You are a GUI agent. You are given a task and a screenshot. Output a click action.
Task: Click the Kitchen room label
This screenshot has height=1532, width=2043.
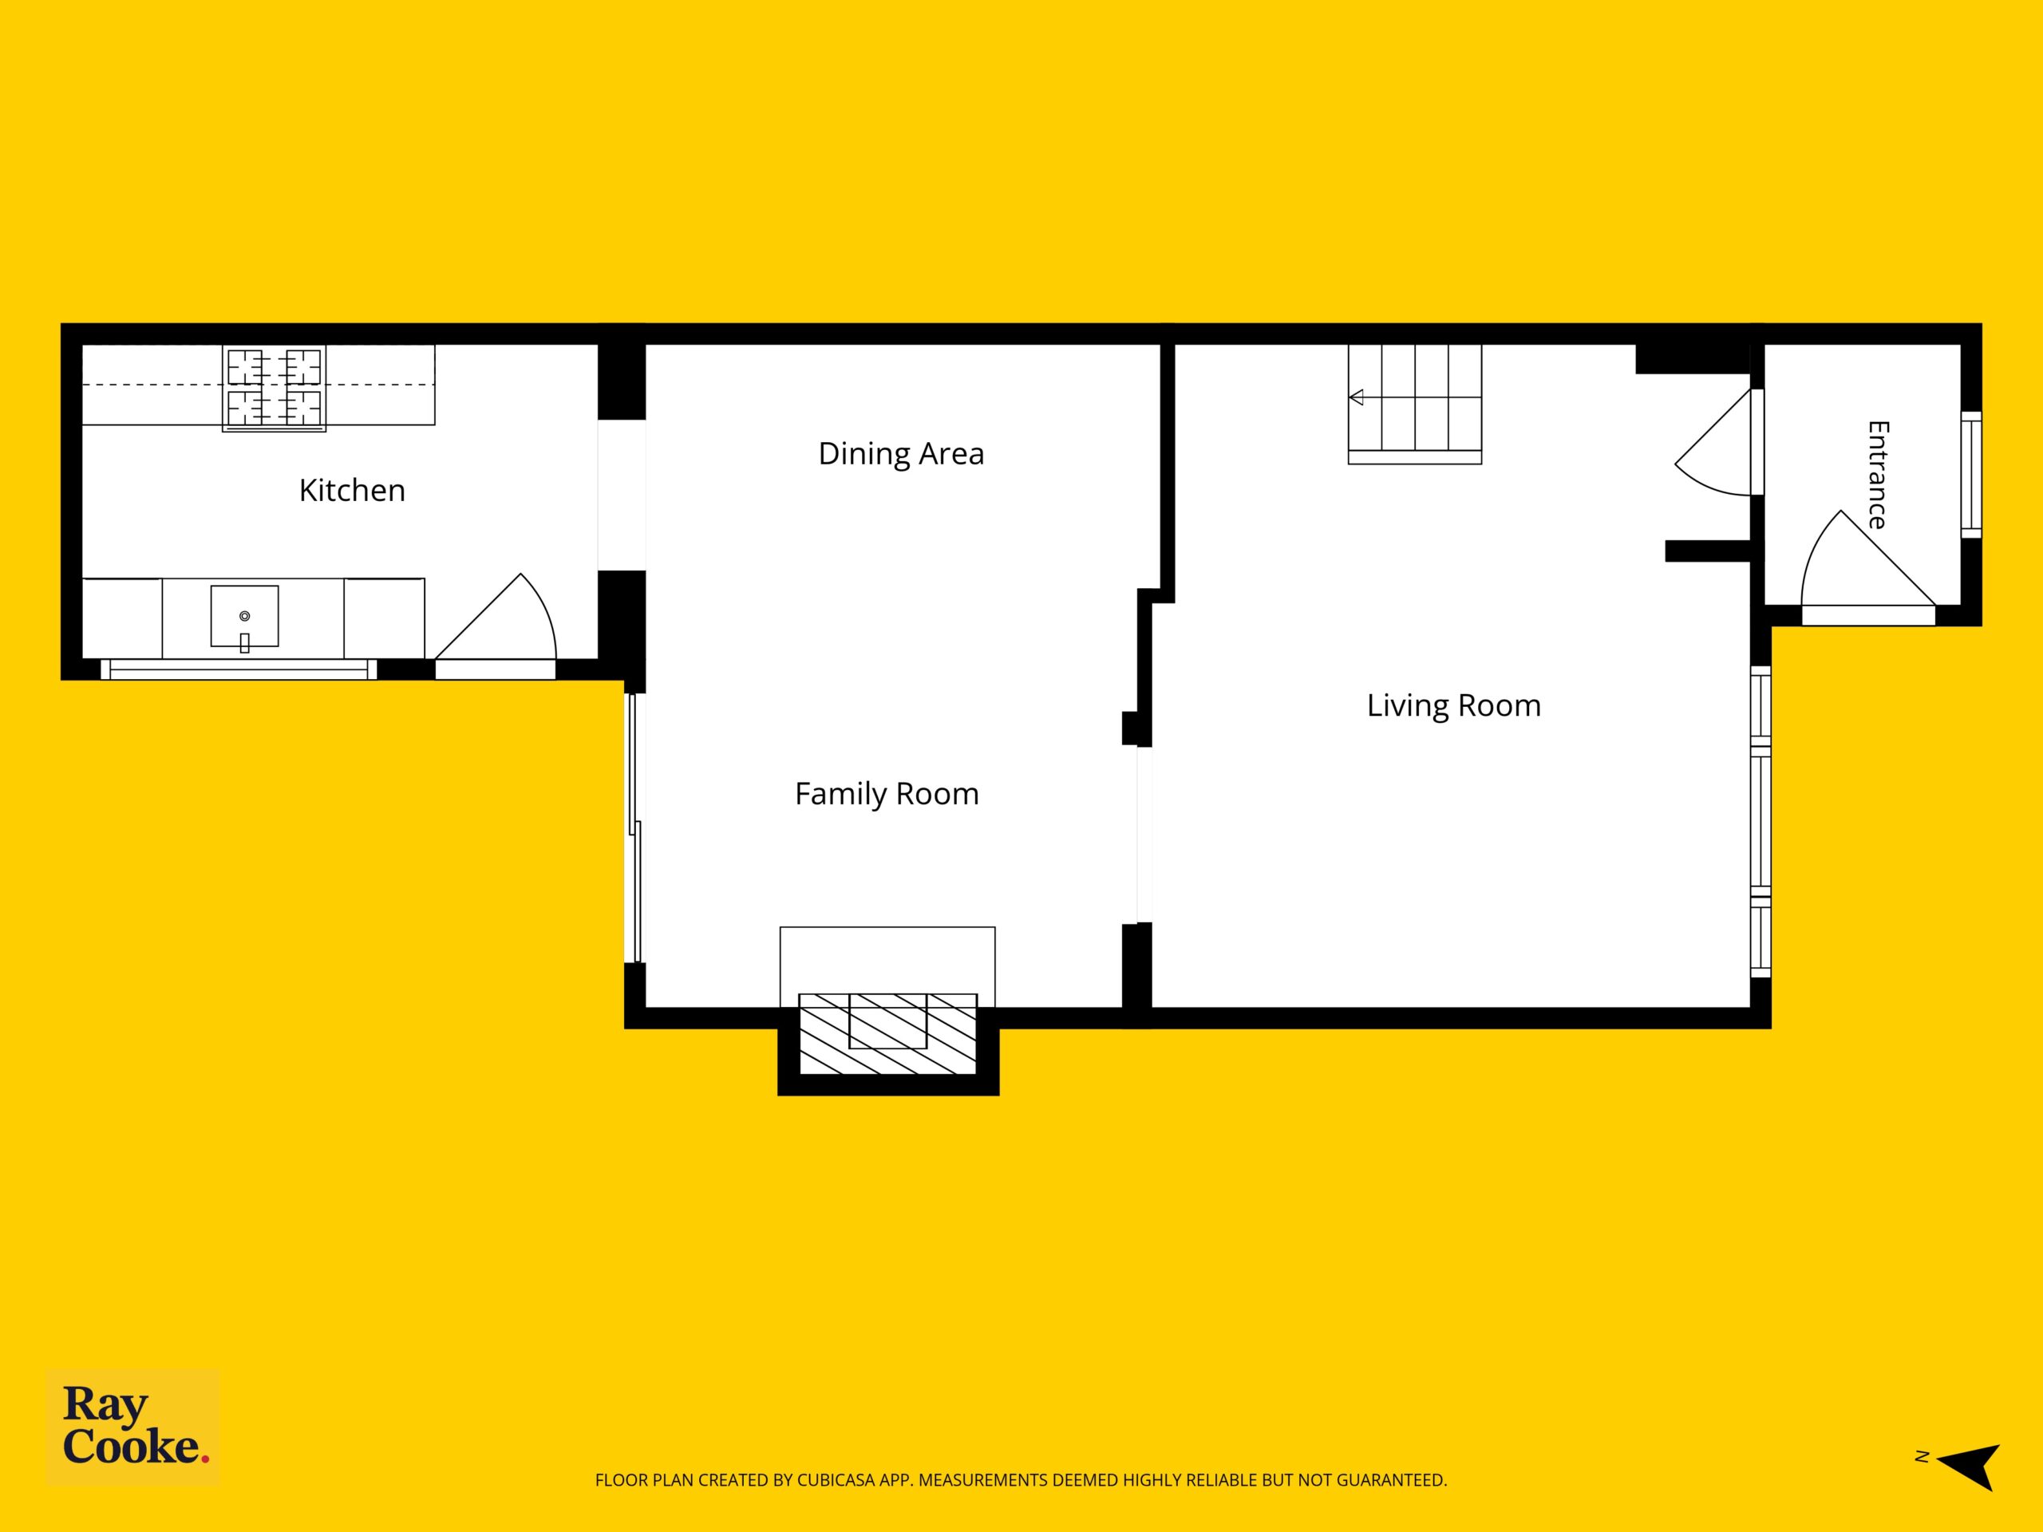pos(352,491)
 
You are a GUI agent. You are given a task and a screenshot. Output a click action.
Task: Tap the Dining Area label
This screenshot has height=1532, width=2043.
pos(902,453)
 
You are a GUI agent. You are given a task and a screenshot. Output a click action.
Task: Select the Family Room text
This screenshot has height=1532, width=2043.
pos(887,794)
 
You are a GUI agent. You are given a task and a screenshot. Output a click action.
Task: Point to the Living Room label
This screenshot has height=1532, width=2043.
pos(1454,705)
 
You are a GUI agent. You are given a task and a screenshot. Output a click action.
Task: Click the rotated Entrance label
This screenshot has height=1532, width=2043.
pos(1879,475)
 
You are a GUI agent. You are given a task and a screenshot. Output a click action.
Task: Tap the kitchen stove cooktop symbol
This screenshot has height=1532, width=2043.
pos(275,388)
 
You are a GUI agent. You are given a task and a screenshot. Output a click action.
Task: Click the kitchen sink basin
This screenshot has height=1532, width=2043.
pos(245,616)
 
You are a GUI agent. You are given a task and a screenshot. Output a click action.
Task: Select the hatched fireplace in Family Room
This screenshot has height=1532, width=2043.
pos(887,1033)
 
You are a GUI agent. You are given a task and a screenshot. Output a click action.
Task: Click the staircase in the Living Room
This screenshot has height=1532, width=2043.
pos(1415,404)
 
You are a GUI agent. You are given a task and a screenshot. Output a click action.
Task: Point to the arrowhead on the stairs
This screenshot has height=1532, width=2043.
pos(1356,398)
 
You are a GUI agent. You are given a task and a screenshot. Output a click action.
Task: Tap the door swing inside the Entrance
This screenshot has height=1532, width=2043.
pos(1867,563)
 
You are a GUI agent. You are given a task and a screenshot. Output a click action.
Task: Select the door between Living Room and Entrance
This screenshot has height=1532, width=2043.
pos(1716,444)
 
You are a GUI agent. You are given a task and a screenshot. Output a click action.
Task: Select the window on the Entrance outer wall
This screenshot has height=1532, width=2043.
pos(1971,475)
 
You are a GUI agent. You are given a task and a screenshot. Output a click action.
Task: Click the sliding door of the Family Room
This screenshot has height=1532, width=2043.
pos(634,828)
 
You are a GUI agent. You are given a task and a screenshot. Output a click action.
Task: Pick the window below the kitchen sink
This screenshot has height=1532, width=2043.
pos(239,669)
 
